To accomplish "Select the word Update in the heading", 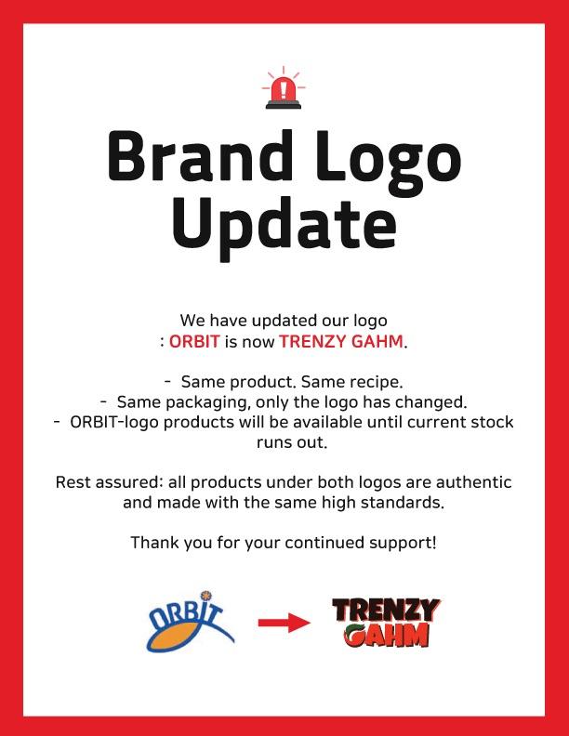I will coord(284,223).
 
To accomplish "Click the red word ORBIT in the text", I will coord(194,341).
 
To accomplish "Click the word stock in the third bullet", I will coord(489,422).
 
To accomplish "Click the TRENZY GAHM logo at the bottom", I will coord(385,622).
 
